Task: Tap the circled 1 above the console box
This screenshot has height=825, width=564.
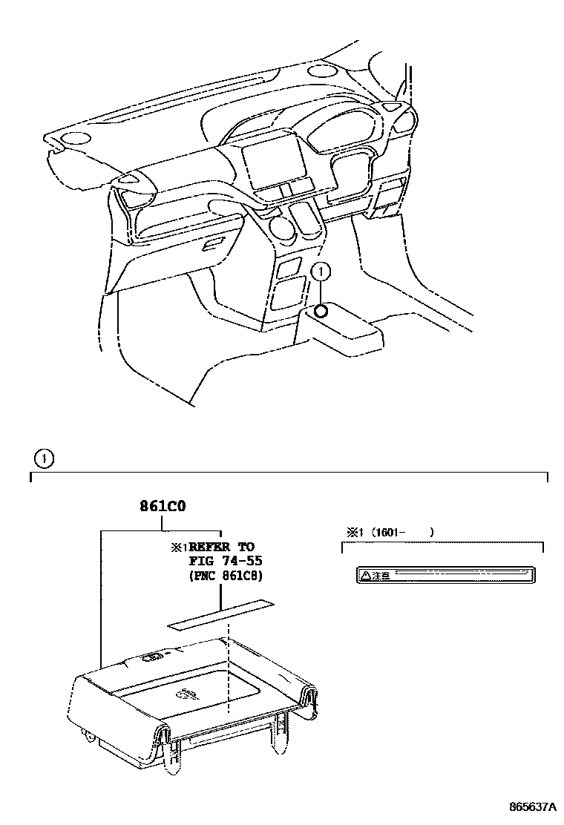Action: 321,272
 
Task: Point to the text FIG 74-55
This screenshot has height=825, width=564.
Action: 226,561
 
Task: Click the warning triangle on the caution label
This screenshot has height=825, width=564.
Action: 364,575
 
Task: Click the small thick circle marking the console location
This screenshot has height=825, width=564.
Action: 321,310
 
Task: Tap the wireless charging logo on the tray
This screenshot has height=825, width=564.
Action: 186,693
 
